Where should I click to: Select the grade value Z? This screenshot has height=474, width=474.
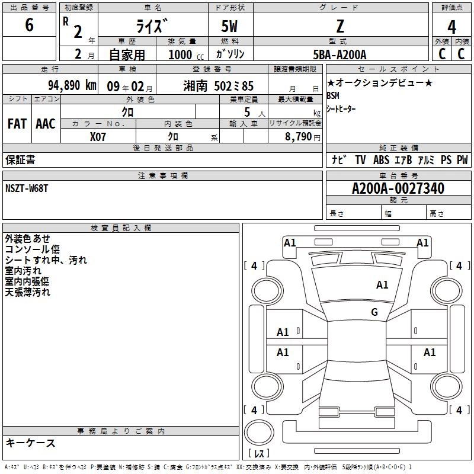(x=340, y=26)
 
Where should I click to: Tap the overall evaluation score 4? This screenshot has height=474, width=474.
(x=451, y=27)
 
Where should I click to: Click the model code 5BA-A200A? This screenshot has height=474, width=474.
(x=340, y=55)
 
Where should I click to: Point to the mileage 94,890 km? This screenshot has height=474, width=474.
(x=72, y=85)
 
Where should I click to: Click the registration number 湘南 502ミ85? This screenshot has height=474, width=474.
(x=219, y=85)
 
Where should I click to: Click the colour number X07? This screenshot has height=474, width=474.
(x=98, y=136)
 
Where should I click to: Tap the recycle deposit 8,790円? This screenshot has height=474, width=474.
(x=303, y=136)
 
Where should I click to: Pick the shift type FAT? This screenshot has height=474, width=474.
(x=17, y=123)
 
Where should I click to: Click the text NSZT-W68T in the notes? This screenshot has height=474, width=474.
(x=28, y=188)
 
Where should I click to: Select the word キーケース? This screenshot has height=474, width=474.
(x=30, y=443)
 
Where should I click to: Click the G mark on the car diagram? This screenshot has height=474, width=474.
(x=374, y=312)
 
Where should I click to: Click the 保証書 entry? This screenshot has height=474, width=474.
(x=20, y=160)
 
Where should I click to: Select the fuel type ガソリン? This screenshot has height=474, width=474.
(x=229, y=54)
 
